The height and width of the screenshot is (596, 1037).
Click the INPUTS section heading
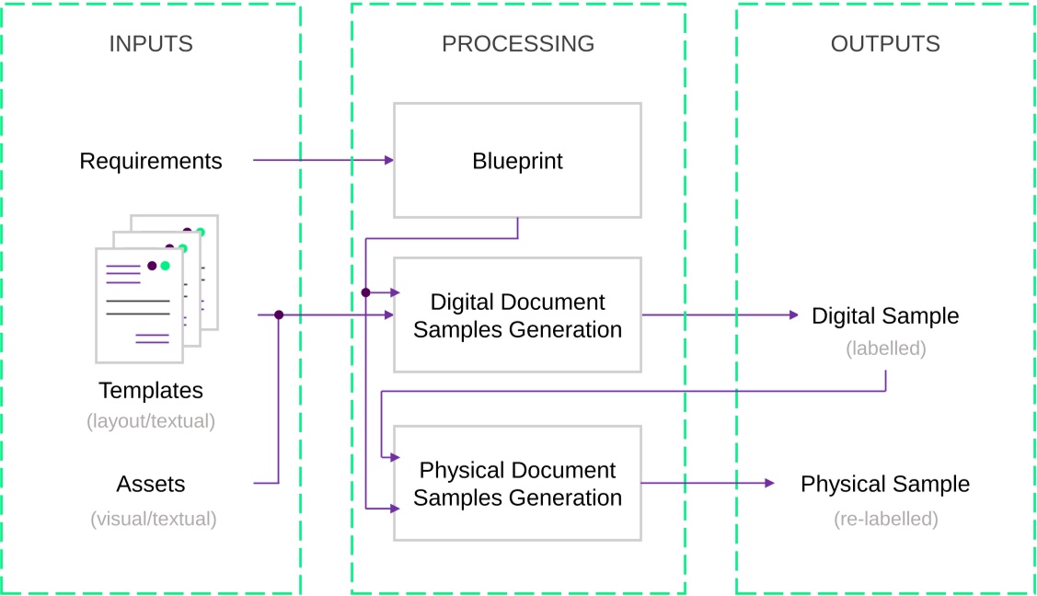click(151, 43)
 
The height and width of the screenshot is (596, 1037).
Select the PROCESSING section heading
click(518, 43)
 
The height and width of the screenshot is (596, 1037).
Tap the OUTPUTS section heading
click(885, 43)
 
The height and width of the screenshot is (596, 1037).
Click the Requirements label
click(151, 161)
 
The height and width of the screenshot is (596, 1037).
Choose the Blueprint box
click(517, 161)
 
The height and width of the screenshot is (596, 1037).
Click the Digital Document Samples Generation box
click(517, 315)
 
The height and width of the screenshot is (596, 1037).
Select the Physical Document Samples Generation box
click(517, 483)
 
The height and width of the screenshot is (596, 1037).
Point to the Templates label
click(151, 390)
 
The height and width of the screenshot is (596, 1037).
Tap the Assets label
click(151, 484)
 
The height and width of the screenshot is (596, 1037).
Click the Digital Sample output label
click(885, 315)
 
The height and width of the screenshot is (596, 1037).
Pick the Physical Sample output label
click(885, 484)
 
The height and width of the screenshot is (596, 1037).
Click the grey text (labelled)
click(885, 349)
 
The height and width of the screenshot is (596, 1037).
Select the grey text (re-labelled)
click(885, 519)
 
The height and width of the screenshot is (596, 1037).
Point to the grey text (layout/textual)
click(151, 421)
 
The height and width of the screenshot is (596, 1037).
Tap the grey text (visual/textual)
click(154, 519)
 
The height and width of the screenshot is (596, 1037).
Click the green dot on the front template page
click(166, 266)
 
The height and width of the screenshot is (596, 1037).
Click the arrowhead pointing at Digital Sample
click(794, 315)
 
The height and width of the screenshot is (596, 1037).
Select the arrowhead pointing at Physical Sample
click(770, 483)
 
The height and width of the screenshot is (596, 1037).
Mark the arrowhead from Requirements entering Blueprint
click(389, 160)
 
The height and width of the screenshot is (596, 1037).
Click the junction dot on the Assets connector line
click(279, 315)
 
